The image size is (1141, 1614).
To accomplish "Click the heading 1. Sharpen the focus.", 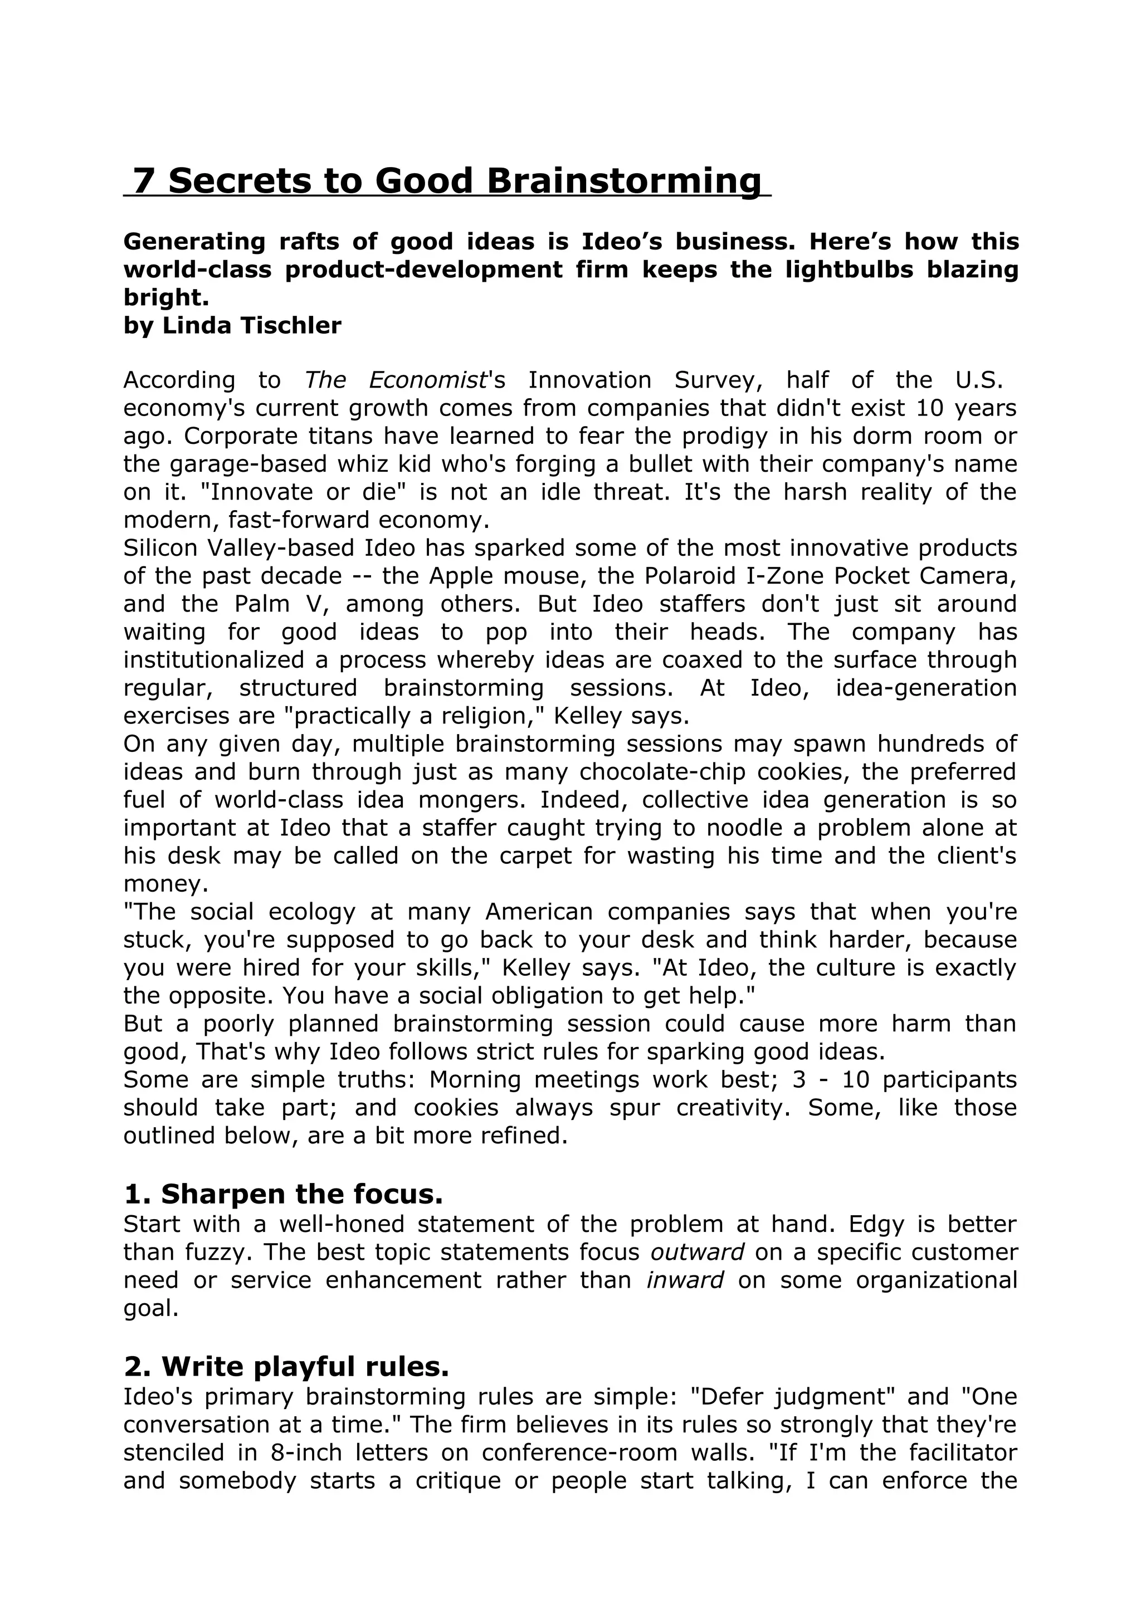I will (x=284, y=1194).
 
